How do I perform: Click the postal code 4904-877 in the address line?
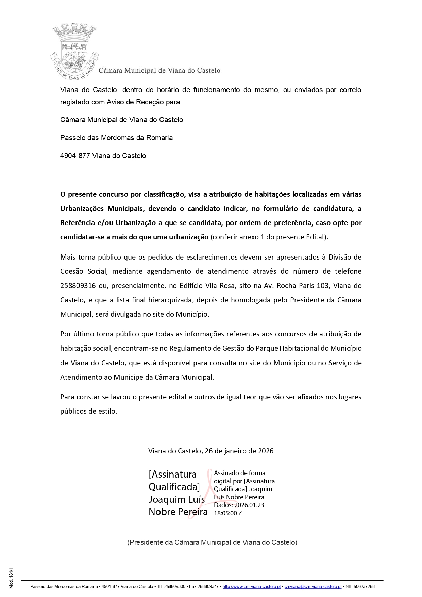click(75, 156)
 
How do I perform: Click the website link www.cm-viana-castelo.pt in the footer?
click(251, 586)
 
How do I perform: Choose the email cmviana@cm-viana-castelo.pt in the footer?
click(313, 586)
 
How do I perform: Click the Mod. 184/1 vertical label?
click(11, 578)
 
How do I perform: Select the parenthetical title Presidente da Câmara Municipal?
click(212, 542)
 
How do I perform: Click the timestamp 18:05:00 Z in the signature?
click(228, 513)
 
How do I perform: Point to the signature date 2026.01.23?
click(249, 505)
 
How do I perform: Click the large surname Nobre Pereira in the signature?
click(178, 512)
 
